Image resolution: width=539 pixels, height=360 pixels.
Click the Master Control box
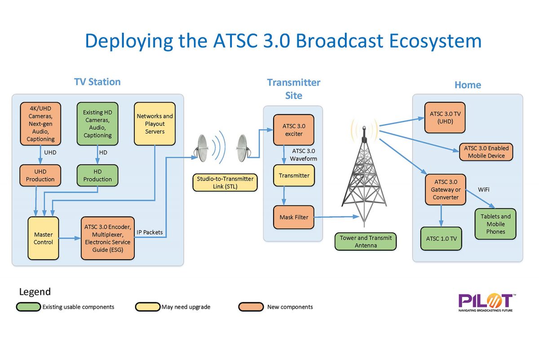[x=44, y=238]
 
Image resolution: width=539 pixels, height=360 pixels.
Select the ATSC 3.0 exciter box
[x=294, y=130]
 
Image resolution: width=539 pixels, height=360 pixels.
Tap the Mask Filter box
[x=294, y=217]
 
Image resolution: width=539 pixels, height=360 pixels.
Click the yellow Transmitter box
[x=294, y=176]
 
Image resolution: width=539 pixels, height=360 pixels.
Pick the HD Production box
[x=97, y=175]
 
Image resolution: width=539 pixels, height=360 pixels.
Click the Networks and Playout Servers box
[x=155, y=124]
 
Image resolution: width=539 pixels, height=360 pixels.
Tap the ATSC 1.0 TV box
[x=441, y=239]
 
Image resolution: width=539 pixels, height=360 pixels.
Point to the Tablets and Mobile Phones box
[x=495, y=224]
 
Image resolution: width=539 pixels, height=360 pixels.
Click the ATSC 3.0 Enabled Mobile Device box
[x=486, y=152]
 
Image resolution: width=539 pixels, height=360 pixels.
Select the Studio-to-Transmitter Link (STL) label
[x=225, y=182]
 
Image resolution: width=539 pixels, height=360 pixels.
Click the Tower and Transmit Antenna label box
[x=366, y=241]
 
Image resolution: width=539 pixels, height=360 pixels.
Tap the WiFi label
[x=483, y=190]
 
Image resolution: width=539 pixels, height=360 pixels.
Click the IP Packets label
[x=150, y=232]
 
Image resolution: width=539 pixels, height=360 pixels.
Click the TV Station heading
[x=97, y=82]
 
